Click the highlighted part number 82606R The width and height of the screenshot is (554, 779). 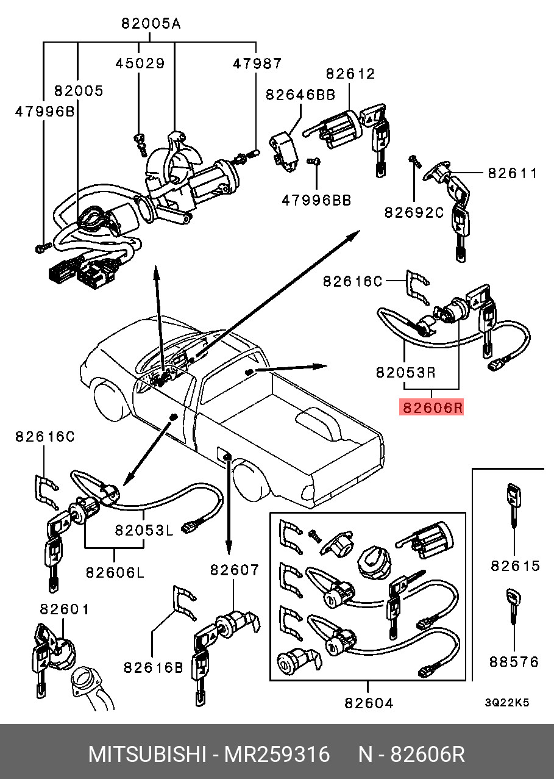[431, 407]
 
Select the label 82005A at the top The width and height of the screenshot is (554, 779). [151, 24]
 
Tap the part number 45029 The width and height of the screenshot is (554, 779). [141, 63]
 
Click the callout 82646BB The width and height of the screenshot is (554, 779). [300, 95]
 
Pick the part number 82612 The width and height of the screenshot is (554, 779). [350, 73]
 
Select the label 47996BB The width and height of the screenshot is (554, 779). [316, 199]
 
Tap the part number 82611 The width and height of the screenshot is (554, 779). [513, 173]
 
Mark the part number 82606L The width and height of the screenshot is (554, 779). [115, 572]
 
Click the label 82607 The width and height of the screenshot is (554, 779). [235, 570]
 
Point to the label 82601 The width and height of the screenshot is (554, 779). [65, 609]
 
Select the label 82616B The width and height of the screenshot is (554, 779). [154, 667]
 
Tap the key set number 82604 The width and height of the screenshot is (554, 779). [369, 703]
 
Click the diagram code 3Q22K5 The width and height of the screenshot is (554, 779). [506, 702]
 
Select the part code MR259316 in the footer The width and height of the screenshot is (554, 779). [277, 755]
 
